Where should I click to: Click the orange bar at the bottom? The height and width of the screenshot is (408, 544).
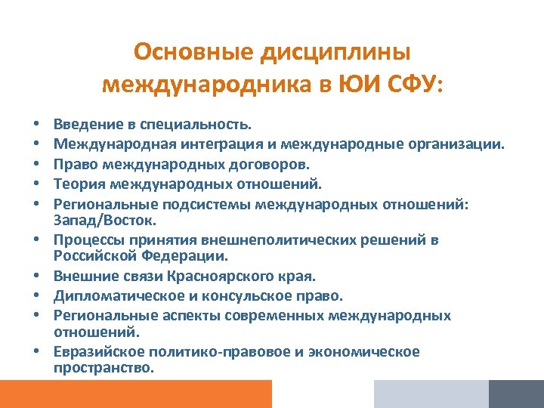[x=136, y=394]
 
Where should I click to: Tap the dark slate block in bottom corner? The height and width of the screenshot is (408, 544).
[x=516, y=394]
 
